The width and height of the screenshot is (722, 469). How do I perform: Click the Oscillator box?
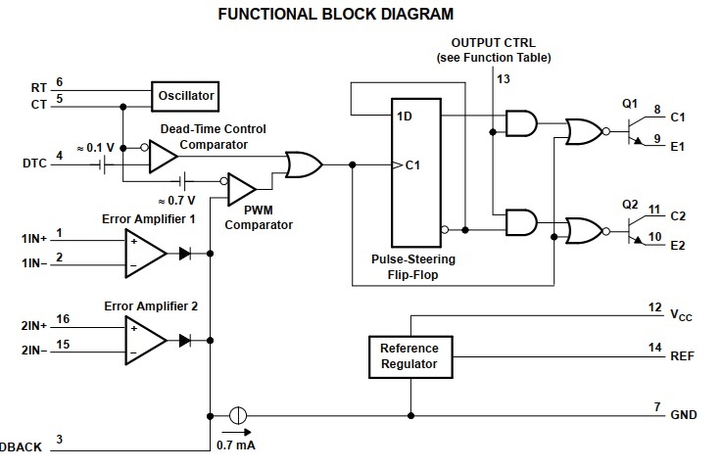click(x=185, y=96)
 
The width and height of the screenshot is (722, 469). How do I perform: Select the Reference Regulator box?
click(x=409, y=356)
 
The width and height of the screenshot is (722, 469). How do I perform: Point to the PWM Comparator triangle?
click(x=240, y=189)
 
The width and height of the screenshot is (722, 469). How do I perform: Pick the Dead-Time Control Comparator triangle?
click(x=163, y=156)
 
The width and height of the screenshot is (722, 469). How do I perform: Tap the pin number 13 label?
click(x=504, y=77)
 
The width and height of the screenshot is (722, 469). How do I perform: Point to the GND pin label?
click(x=684, y=415)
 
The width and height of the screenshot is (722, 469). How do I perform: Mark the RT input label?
click(x=39, y=87)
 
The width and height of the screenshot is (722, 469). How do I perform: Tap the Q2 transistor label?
click(x=629, y=204)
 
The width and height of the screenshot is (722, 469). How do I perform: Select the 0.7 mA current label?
click(x=235, y=446)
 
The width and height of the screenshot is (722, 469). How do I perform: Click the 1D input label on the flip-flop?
click(x=404, y=116)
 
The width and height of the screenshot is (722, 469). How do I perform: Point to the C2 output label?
click(x=678, y=213)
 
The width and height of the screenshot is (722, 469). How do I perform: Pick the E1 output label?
click(x=678, y=147)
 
